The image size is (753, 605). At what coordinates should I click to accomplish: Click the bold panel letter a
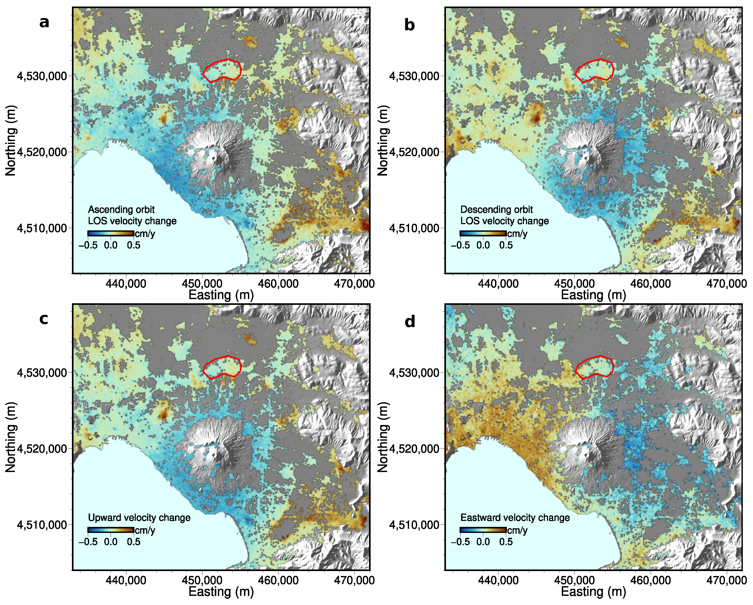pyautogui.click(x=44, y=22)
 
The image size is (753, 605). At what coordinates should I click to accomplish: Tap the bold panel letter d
pyautogui.click(x=410, y=321)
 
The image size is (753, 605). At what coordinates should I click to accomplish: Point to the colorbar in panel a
pyautogui.click(x=110, y=234)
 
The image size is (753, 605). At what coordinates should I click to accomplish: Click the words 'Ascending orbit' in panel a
pyautogui.click(x=121, y=210)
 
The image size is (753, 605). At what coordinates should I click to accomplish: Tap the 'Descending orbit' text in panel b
pyautogui.click(x=496, y=210)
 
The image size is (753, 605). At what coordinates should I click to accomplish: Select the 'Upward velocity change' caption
pyautogui.click(x=139, y=518)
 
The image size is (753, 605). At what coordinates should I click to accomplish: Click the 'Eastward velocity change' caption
pyautogui.click(x=515, y=518)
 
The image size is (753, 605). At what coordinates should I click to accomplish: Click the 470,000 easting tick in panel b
pyautogui.click(x=727, y=284)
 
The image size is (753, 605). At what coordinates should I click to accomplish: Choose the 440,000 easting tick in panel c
pyautogui.click(x=126, y=580)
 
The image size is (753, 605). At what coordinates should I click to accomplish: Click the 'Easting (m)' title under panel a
pyautogui.click(x=221, y=295)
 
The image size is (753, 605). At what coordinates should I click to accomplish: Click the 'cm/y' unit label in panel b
pyautogui.click(x=517, y=234)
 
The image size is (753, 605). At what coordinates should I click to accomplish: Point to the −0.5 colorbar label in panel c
pyautogui.click(x=88, y=542)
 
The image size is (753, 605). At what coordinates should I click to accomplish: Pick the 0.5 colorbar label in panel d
pyautogui.click(x=506, y=542)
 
